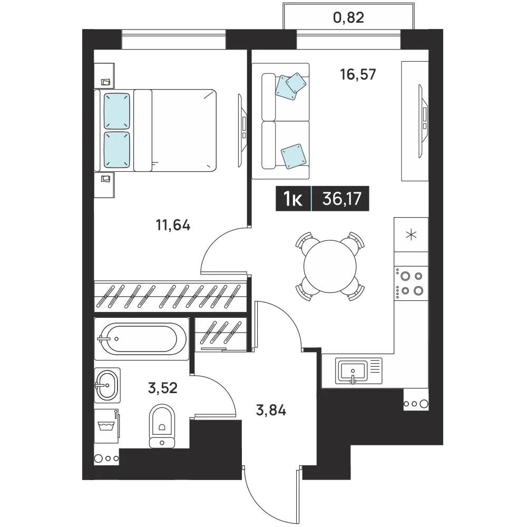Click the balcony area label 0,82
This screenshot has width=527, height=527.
pos(348,17)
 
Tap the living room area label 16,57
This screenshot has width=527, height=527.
pos(358,74)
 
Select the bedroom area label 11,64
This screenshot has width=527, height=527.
pos(173,225)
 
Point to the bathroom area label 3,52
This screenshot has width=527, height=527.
pos(163,388)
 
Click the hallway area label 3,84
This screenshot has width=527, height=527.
pos(271,410)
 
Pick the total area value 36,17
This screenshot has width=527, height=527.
pos(342,198)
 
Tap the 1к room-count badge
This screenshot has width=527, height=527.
pos(293,199)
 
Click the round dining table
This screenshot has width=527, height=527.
pos(330,267)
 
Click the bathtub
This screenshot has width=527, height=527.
pos(141,339)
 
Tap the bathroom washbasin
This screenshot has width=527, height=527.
pos(107,385)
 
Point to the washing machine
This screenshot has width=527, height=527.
pos(106,426)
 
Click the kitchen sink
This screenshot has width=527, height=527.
pos(358,370)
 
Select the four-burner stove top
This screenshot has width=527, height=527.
pos(411,284)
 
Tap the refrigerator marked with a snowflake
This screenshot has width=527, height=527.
pos(411,235)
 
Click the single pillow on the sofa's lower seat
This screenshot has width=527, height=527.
pos(294,157)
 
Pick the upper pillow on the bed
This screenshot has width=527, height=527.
pos(116,111)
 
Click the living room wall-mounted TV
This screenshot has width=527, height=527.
pos(423,121)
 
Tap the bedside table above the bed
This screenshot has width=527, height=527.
pos(104,75)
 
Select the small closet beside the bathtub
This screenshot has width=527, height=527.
pos(221,335)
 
